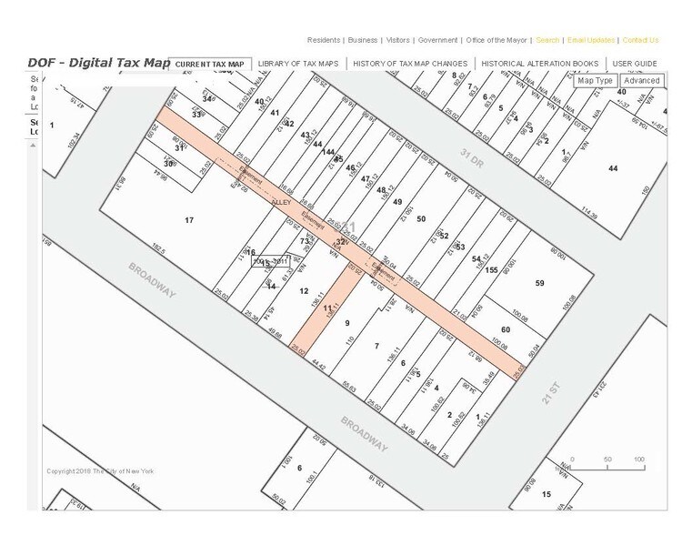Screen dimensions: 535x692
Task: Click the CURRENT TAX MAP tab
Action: coord(210,64)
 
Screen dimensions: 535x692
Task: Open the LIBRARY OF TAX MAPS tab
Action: coord(297,64)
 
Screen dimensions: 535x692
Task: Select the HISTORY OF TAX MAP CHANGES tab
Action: coord(410,64)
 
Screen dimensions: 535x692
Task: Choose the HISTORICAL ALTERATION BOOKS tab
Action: coord(539,64)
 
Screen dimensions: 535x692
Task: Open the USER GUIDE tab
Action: coord(635,64)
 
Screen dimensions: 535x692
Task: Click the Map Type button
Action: coord(596,81)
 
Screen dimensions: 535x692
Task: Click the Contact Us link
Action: coord(640,40)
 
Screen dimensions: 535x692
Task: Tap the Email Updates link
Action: coord(591,40)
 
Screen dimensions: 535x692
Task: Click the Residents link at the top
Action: coord(324,40)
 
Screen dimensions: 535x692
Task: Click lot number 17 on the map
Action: coord(189,221)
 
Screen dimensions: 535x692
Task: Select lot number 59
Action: coord(539,284)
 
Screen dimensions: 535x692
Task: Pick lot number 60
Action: coord(506,329)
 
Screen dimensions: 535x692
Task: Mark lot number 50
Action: coord(420,219)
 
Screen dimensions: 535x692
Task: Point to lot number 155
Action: coord(491,270)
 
